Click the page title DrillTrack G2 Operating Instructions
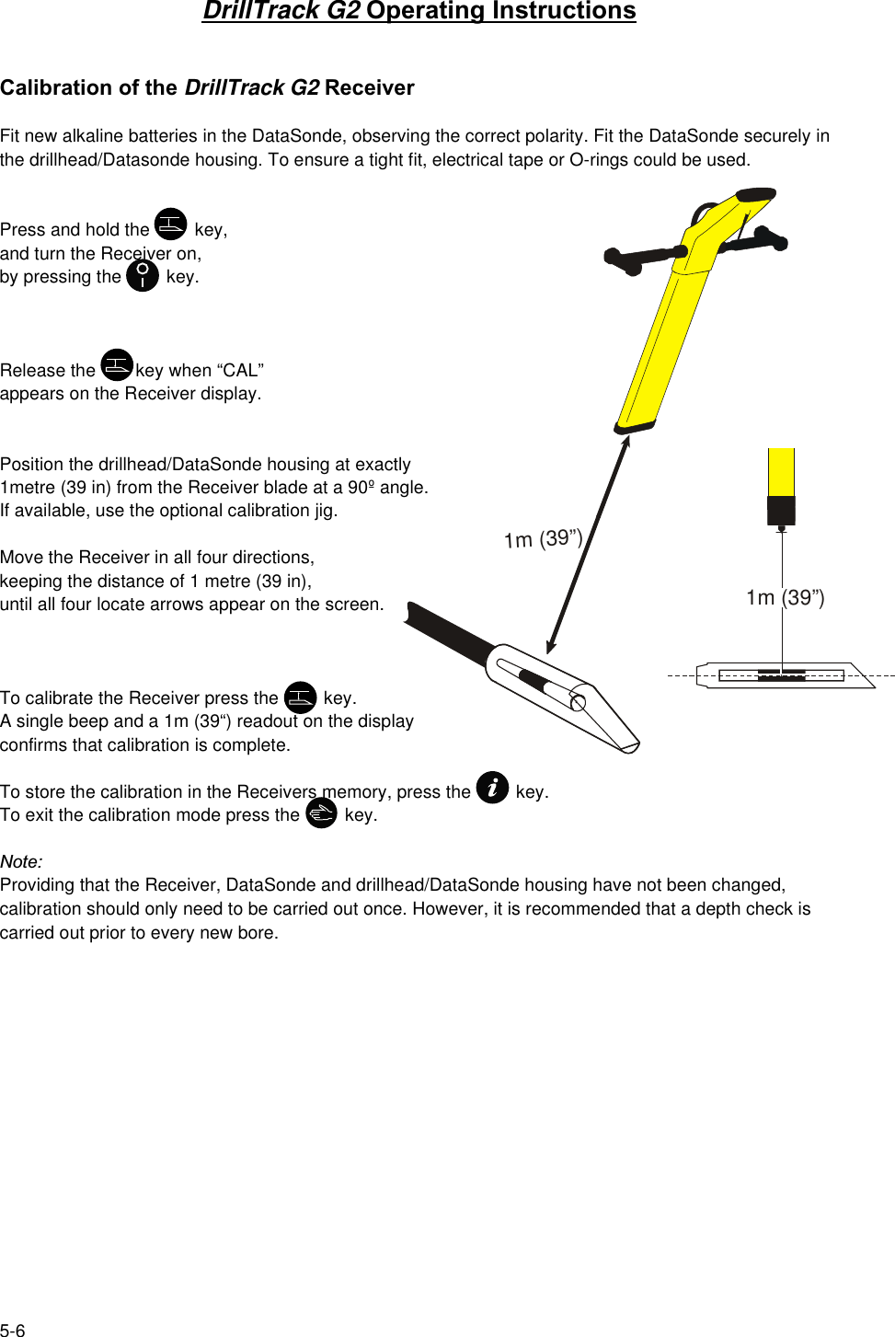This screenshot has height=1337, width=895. [419, 11]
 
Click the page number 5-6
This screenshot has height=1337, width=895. [13, 1330]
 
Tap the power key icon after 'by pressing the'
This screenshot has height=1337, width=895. [143, 275]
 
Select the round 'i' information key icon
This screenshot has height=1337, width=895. [493, 788]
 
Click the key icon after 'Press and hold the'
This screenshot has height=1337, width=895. [171, 225]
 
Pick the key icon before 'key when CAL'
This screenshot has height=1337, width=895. [117, 365]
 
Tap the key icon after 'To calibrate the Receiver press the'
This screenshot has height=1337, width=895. [301, 697]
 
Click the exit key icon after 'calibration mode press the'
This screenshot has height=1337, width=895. [322, 813]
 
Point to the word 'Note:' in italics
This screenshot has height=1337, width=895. [21, 861]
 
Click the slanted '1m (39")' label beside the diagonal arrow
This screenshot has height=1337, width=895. [543, 538]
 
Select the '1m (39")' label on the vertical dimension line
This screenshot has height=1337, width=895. [785, 597]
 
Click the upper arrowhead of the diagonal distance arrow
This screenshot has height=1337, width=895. [626, 441]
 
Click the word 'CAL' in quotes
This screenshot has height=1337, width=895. [240, 370]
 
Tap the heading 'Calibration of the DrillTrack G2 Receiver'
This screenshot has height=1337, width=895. [207, 87]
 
